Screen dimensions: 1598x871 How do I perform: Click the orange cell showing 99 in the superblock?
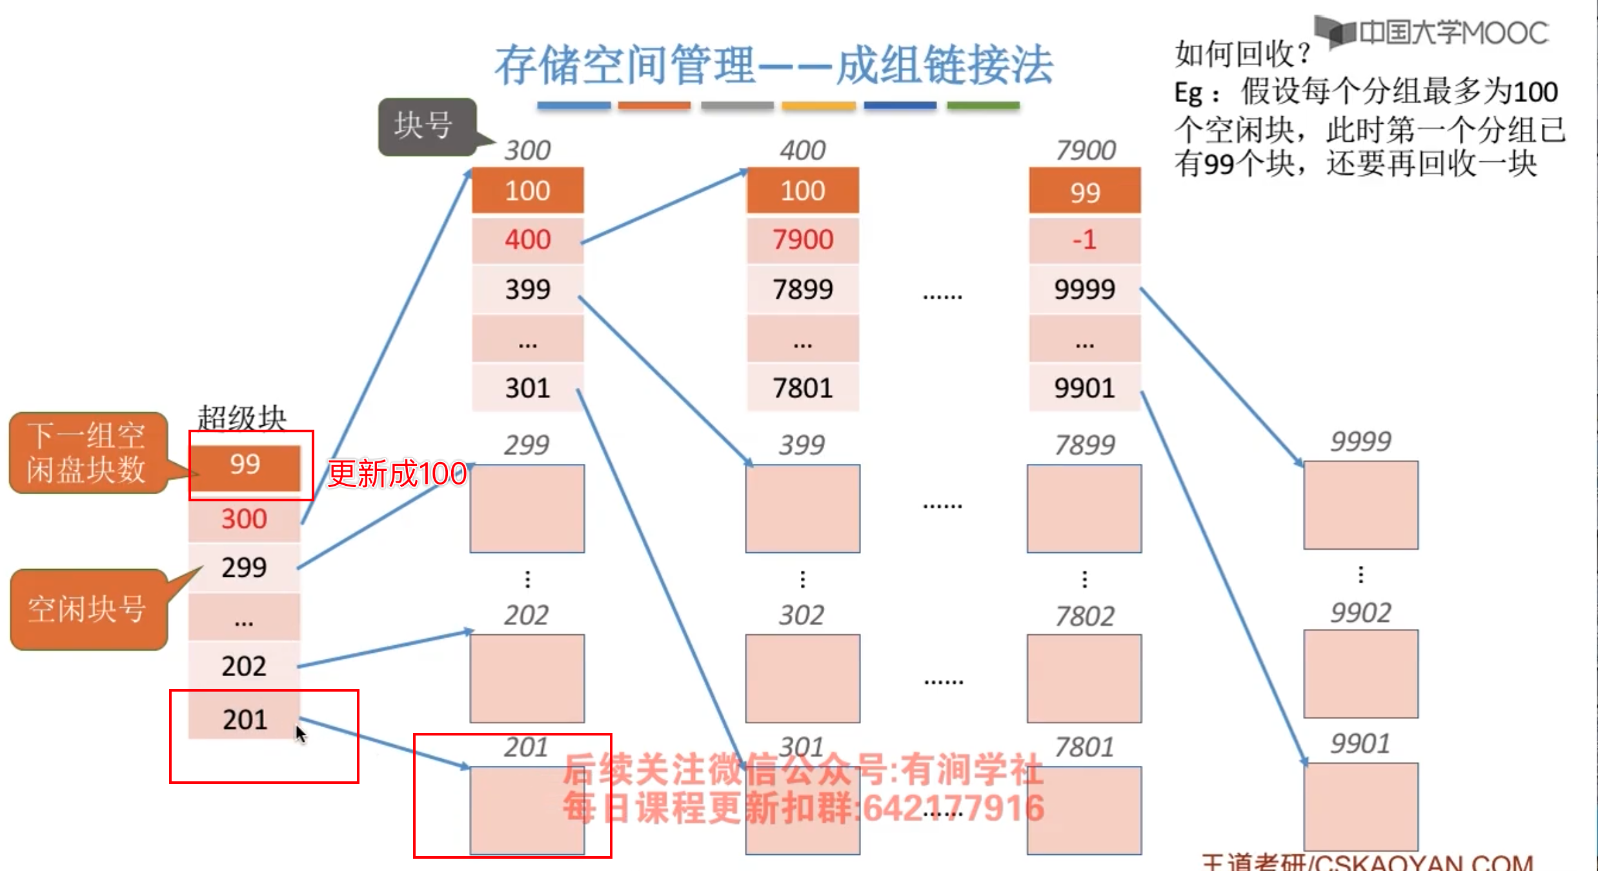245,465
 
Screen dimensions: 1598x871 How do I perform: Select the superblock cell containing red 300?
244,519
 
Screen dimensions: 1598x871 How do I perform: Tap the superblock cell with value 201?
244,719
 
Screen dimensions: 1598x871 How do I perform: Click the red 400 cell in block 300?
527,240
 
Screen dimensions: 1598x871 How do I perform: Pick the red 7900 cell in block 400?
803,240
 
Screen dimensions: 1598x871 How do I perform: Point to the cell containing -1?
1084,240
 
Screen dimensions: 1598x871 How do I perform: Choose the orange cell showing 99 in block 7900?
1084,192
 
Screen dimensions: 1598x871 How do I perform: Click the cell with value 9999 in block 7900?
1084,289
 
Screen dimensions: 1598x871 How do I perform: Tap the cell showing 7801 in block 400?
803,388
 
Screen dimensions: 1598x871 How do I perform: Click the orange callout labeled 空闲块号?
87,609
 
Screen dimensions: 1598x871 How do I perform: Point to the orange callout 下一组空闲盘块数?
87,453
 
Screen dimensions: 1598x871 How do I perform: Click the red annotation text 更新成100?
397,474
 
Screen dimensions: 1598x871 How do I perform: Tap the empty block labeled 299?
527,508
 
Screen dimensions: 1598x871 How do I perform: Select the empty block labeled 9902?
1360,674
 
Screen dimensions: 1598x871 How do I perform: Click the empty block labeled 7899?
1084,508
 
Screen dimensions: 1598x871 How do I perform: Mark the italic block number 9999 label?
1360,442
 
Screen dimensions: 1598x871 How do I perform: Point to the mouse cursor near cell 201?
300,734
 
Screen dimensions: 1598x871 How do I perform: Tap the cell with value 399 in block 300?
527,289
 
